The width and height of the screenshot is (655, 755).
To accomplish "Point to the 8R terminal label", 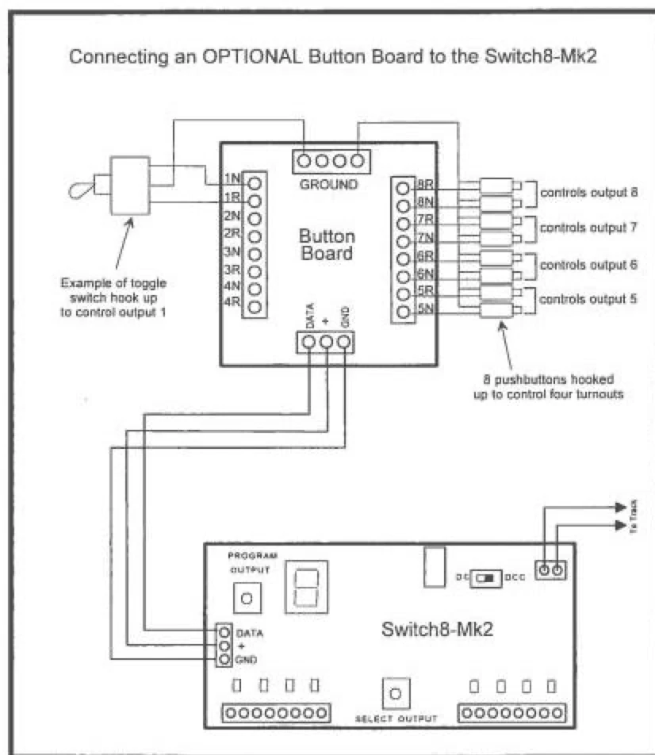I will pos(423,188).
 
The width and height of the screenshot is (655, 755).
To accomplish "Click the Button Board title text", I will pos(327,245).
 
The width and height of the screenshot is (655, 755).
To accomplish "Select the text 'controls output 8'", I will pos(588,192).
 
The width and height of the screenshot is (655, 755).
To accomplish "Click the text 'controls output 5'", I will pos(588,299).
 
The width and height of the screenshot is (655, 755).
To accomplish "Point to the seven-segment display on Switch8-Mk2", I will pos(306,588).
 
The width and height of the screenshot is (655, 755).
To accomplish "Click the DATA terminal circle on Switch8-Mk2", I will pos(224,633).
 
